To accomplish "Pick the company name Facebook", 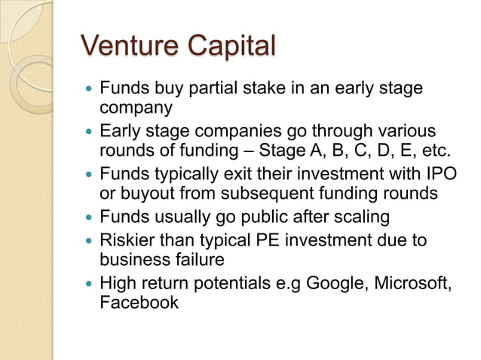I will tap(139, 304).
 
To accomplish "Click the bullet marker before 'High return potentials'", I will tap(90, 284).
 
